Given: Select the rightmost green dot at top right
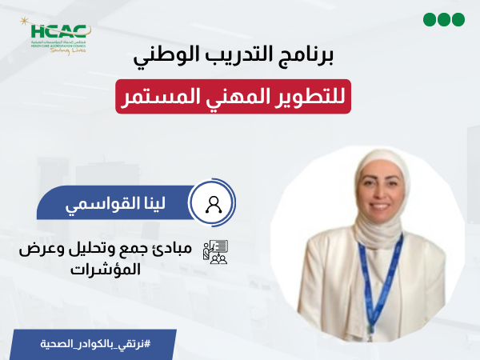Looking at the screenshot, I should coord(458,19).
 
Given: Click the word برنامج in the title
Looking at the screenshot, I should coord(314,61).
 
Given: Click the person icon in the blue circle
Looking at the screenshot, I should coord(214,204).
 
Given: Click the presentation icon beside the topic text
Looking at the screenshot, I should coord(215,253).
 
